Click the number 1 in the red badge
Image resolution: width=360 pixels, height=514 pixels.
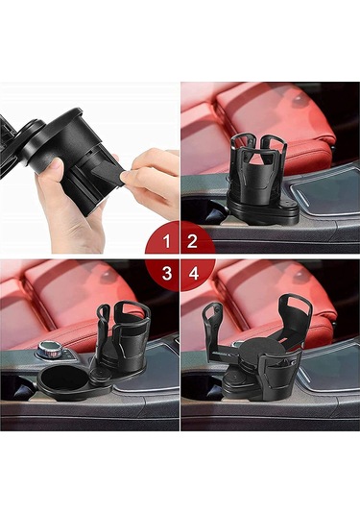tap(167, 241)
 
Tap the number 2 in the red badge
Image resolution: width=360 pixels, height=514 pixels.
tap(192, 241)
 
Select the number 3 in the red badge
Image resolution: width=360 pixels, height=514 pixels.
tap(167, 273)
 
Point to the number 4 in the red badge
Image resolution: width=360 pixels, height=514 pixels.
tap(194, 273)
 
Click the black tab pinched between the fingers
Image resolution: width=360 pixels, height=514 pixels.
tap(108, 173)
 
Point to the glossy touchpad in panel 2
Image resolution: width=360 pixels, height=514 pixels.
tap(327, 193)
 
